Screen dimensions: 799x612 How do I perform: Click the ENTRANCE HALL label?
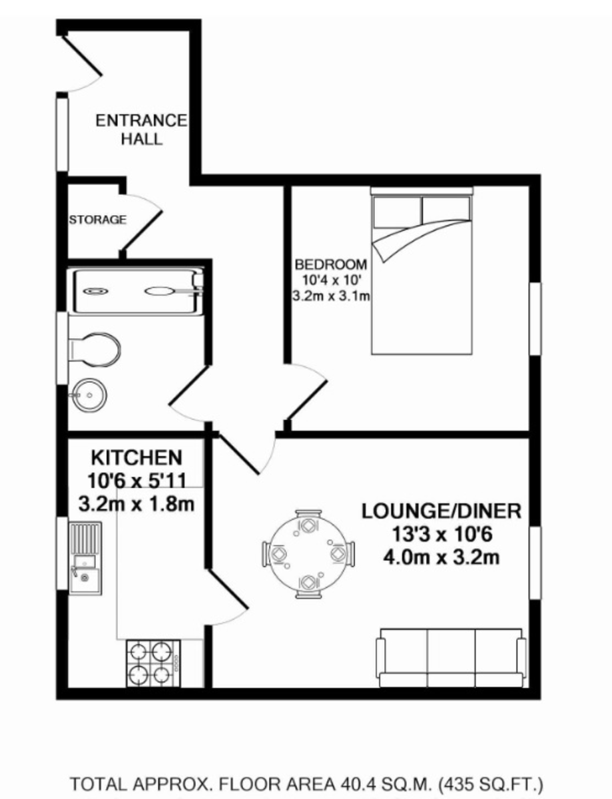coord(141,130)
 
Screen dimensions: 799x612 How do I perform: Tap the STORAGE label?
coord(97,220)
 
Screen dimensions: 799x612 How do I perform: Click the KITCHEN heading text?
coord(136,458)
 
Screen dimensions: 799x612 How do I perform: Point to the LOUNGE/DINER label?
coord(441,511)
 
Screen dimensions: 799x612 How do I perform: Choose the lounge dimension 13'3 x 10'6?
coord(441,534)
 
